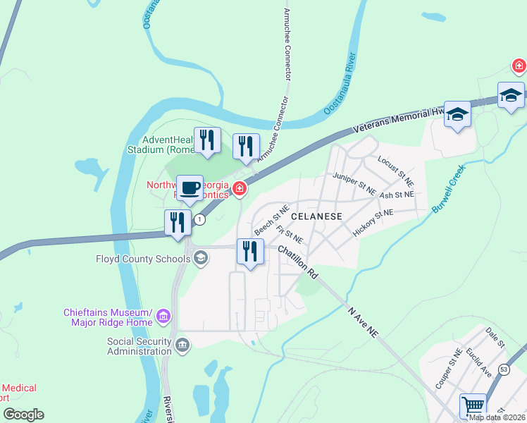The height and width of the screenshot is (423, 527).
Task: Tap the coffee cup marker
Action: (190, 188)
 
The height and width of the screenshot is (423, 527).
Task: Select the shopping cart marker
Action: (473, 407)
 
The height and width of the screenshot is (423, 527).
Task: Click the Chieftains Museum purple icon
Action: (163, 315)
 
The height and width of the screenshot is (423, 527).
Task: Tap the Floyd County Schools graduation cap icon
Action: (201, 259)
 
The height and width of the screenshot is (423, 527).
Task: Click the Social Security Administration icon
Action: (182, 345)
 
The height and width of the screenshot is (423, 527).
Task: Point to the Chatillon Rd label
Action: (297, 260)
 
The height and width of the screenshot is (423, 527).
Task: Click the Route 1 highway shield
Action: (201, 220)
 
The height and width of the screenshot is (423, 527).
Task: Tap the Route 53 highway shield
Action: (504, 369)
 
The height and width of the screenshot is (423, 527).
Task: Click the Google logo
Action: (23, 415)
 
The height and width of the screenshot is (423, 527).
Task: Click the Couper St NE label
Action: (448, 369)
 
